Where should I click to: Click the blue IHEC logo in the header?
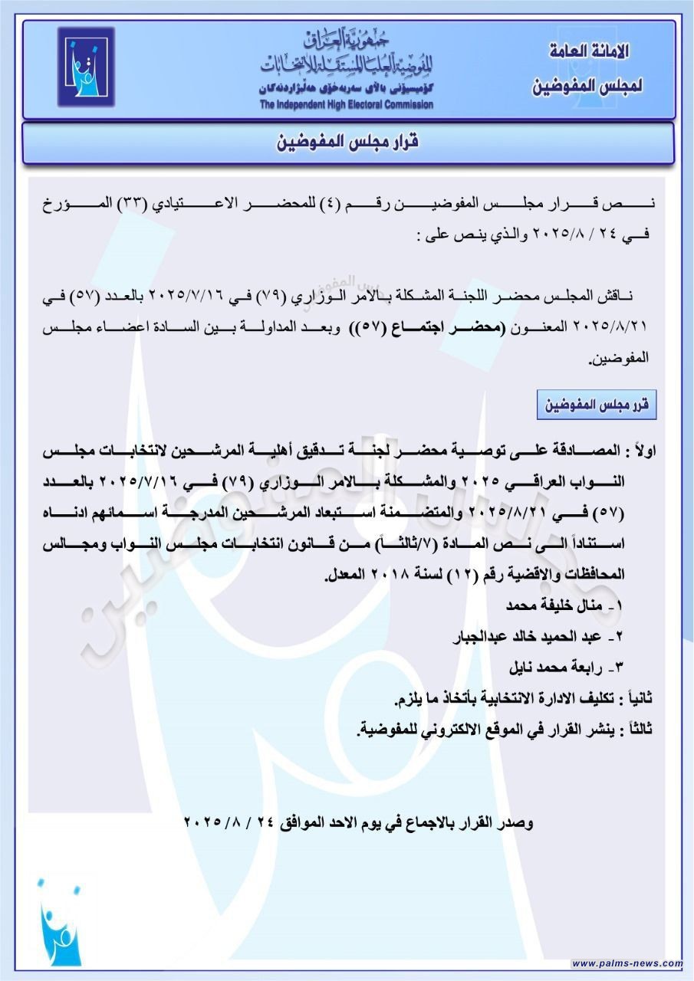85,67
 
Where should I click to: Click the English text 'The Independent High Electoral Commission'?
346,105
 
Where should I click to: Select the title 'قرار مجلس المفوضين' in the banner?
347,143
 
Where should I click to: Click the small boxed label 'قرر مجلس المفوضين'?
597,405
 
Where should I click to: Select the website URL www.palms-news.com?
627,963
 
